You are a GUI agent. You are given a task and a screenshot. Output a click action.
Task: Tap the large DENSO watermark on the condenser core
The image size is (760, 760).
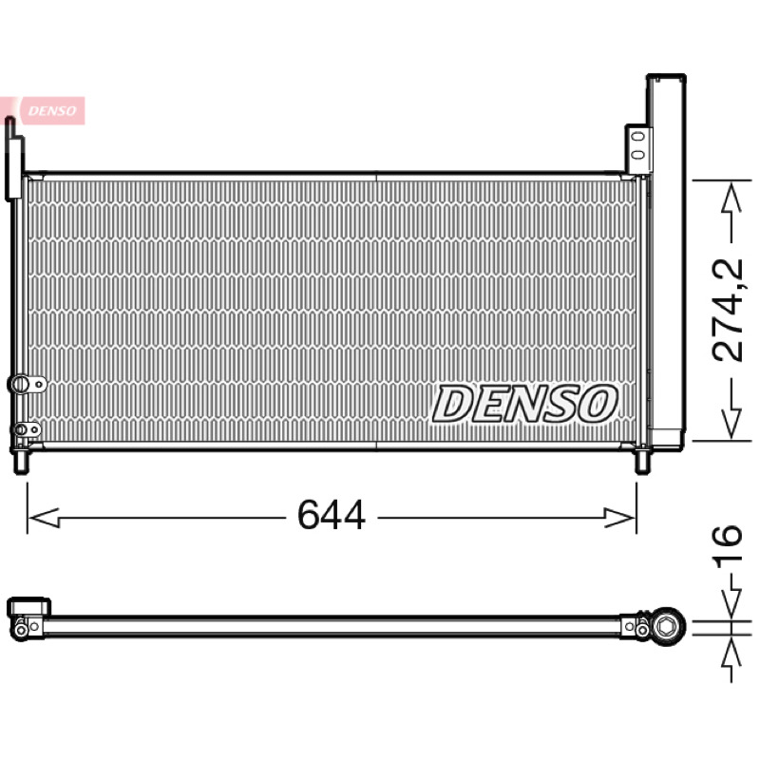tap(525, 403)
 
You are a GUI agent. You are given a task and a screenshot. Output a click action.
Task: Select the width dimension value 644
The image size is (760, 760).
tap(331, 515)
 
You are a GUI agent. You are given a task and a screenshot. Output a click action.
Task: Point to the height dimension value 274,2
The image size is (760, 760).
tap(727, 311)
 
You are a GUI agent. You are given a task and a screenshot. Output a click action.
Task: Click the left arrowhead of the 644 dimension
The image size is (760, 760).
tap(44, 518)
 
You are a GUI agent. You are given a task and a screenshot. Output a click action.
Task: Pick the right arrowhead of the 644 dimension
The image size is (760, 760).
tap(619, 518)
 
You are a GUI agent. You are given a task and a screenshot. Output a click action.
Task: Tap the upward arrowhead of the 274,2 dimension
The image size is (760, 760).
tap(731, 198)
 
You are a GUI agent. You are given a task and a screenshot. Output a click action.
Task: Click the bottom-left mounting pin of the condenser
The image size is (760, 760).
tap(21, 462)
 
